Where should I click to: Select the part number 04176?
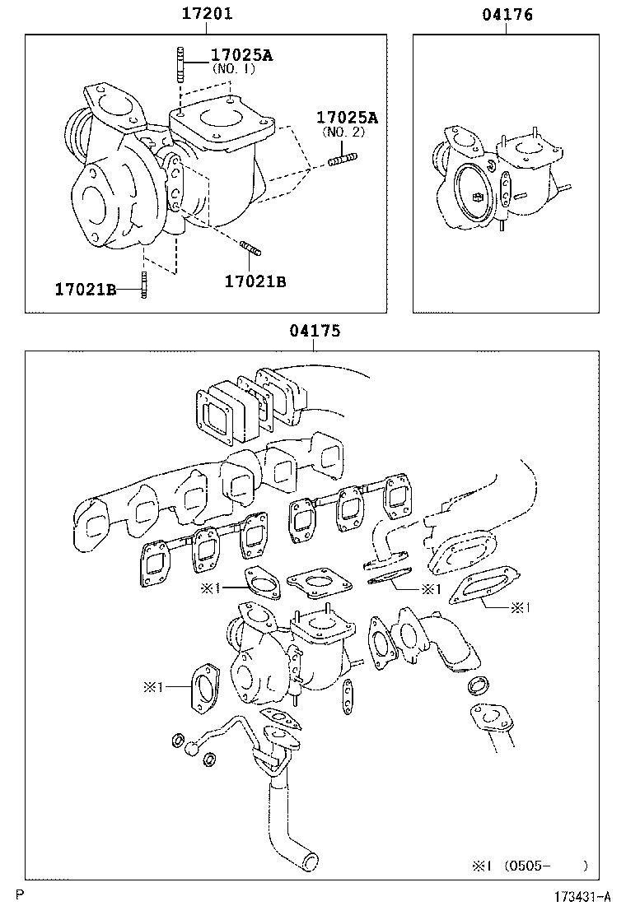click(x=506, y=14)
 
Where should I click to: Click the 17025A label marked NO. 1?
click(x=241, y=55)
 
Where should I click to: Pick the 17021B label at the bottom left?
click(x=85, y=289)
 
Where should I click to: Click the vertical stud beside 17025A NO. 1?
click(x=177, y=65)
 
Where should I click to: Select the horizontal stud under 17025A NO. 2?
click(x=343, y=160)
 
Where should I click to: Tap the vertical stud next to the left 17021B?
click(x=144, y=286)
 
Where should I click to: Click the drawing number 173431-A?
click(x=582, y=896)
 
